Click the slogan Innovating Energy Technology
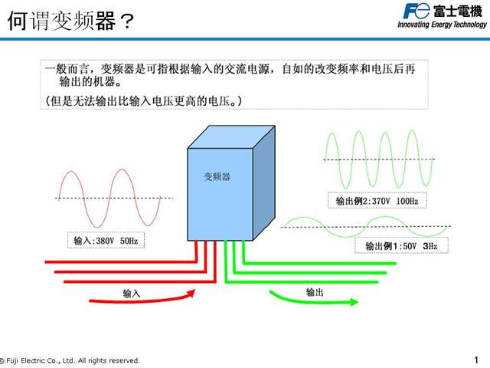[x=441, y=25]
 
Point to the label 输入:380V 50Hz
[x=106, y=241]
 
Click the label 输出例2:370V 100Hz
[x=377, y=201]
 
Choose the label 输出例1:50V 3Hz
[x=400, y=246]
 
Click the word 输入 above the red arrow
[x=131, y=291]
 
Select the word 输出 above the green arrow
[x=314, y=291]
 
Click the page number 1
[x=475, y=359]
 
